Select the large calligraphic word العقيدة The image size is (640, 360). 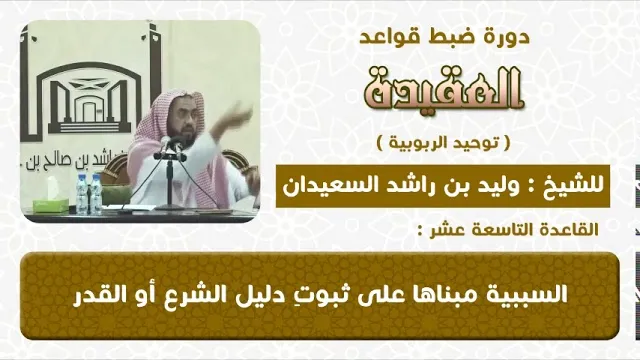pos(444,90)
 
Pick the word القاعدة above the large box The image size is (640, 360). pos(563,230)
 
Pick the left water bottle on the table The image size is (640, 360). pos(82,194)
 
